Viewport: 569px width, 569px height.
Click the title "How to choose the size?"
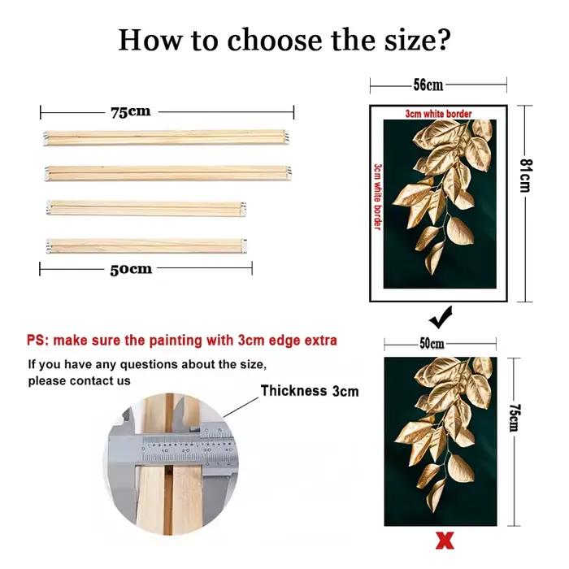point(284,40)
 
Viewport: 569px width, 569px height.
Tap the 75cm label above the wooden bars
point(131,112)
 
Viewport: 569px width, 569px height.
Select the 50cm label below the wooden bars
point(131,269)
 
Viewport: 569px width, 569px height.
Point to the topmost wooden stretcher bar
point(167,137)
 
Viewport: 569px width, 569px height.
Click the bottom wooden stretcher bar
point(146,245)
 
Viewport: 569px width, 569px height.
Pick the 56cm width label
point(428,85)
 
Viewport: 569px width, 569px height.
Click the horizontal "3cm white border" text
point(438,114)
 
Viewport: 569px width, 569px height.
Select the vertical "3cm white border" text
point(378,197)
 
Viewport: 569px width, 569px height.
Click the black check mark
point(441,318)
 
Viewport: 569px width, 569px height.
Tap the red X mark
point(445,541)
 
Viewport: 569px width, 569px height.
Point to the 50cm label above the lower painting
point(432,343)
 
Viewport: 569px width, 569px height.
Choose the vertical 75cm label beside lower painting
point(514,417)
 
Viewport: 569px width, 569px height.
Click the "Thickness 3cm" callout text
point(310,391)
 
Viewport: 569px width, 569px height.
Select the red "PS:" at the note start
point(37,341)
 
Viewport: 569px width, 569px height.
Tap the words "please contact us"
point(79,380)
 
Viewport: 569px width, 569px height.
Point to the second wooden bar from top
point(167,173)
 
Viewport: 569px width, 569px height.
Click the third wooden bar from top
point(146,208)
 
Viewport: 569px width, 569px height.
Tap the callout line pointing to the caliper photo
point(241,406)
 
